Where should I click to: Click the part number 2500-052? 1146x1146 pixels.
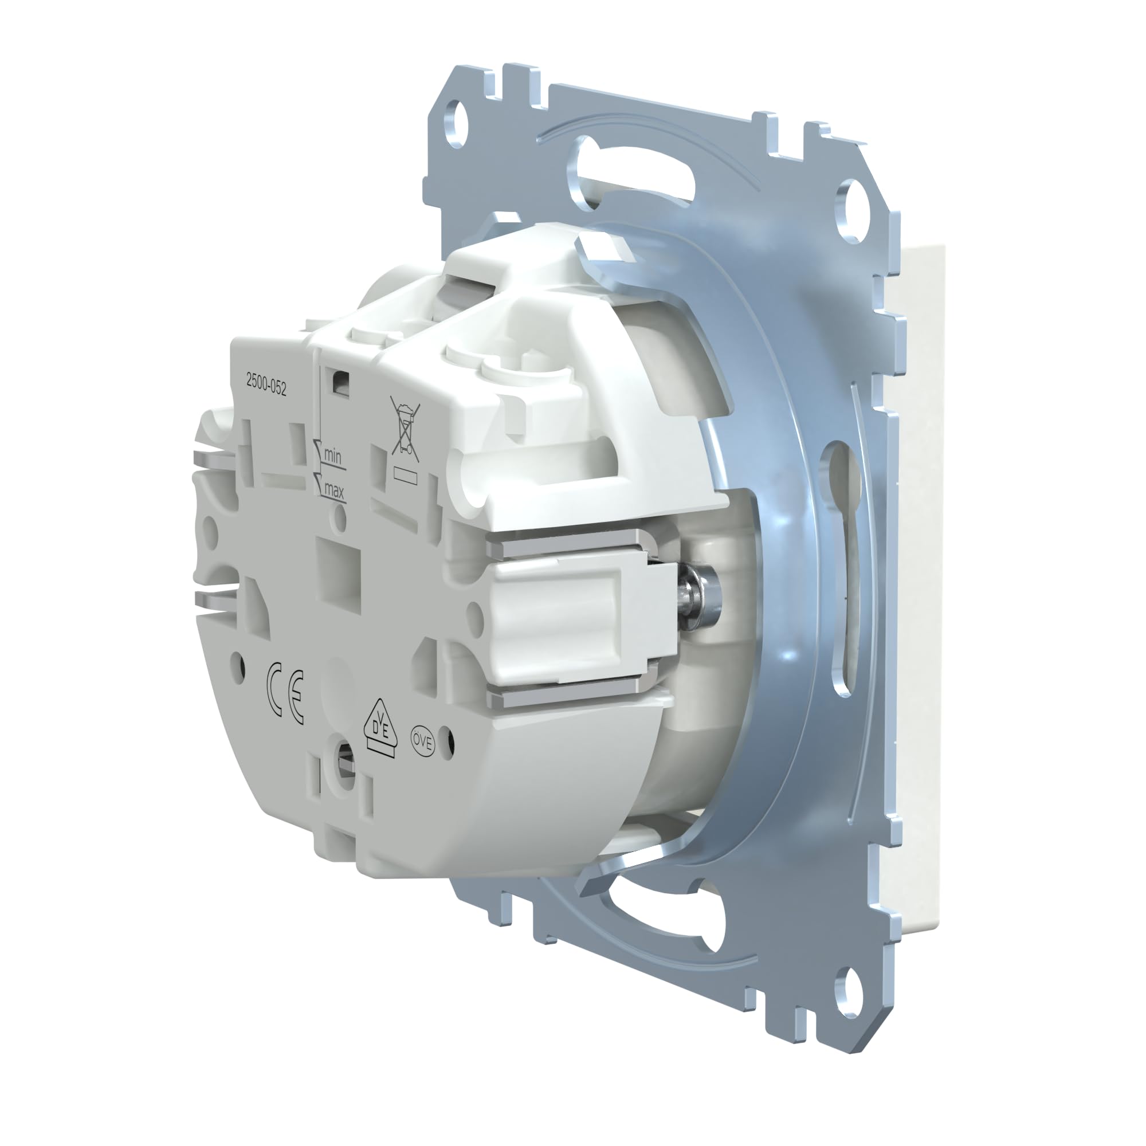point(266,387)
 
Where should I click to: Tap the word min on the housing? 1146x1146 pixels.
point(333,457)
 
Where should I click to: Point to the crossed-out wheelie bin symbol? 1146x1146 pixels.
point(405,430)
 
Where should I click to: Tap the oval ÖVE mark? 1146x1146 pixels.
point(423,741)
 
